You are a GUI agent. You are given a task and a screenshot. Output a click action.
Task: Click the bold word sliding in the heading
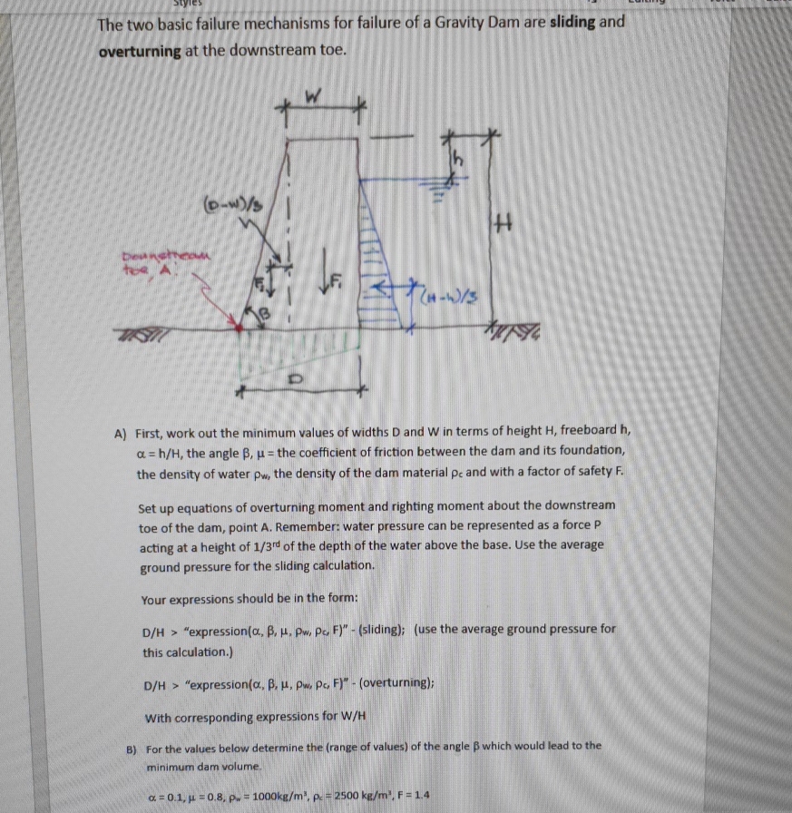(x=574, y=22)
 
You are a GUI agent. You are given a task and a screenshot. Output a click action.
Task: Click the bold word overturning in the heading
(x=141, y=51)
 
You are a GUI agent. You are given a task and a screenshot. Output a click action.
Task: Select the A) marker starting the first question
(x=121, y=433)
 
